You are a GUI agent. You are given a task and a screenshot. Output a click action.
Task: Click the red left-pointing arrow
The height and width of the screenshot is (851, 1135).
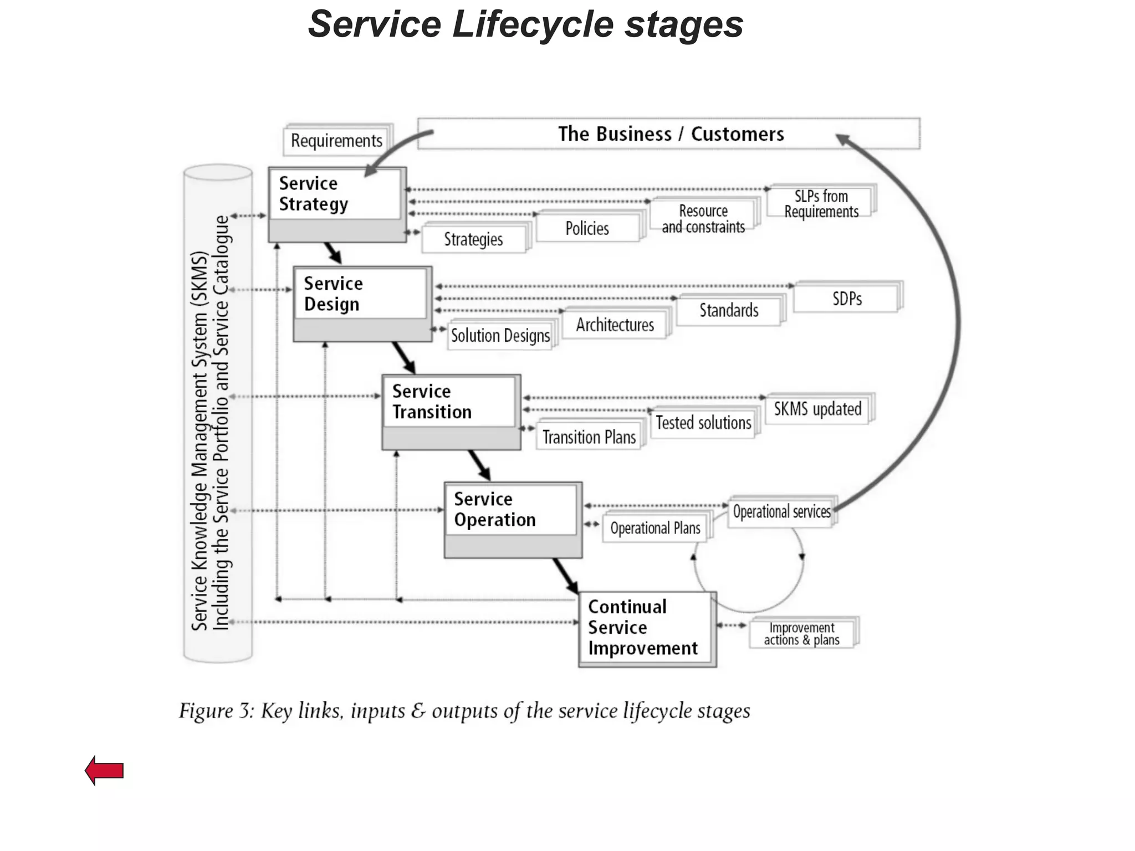(104, 770)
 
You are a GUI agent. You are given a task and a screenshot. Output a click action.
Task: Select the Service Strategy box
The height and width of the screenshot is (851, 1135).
(336, 204)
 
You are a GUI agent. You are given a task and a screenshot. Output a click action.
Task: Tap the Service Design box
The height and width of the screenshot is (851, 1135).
(361, 303)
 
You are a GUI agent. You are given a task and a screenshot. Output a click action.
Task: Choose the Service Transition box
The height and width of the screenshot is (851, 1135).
(451, 411)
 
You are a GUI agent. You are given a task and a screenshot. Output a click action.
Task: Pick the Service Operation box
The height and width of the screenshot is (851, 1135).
(513, 519)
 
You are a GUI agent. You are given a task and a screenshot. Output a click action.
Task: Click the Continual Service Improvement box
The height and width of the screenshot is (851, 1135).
(647, 628)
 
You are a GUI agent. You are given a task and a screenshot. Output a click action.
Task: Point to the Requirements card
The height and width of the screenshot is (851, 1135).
(336, 141)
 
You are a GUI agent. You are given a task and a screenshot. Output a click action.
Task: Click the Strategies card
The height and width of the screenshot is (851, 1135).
(473, 239)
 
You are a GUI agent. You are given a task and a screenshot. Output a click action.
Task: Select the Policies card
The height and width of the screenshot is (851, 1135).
(587, 228)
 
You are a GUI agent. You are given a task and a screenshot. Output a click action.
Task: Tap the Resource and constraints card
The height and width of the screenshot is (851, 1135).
(703, 218)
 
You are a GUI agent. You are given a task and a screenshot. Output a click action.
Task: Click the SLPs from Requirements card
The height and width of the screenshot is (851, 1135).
(820, 203)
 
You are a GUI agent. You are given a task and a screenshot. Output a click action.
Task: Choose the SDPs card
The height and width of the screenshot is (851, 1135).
(846, 299)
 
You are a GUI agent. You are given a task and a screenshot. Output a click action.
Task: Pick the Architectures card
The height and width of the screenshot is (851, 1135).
(615, 325)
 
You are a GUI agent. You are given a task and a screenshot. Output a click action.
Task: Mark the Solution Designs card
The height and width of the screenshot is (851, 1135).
(500, 336)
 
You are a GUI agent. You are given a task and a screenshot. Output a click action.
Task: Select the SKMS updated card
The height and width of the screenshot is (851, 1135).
(817, 409)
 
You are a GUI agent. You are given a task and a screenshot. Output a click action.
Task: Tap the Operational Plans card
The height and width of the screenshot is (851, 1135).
(655, 529)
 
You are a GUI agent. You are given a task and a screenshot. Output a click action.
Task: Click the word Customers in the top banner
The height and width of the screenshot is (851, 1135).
(737, 134)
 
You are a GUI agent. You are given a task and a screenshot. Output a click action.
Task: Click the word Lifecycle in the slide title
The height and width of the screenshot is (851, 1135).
(533, 25)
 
